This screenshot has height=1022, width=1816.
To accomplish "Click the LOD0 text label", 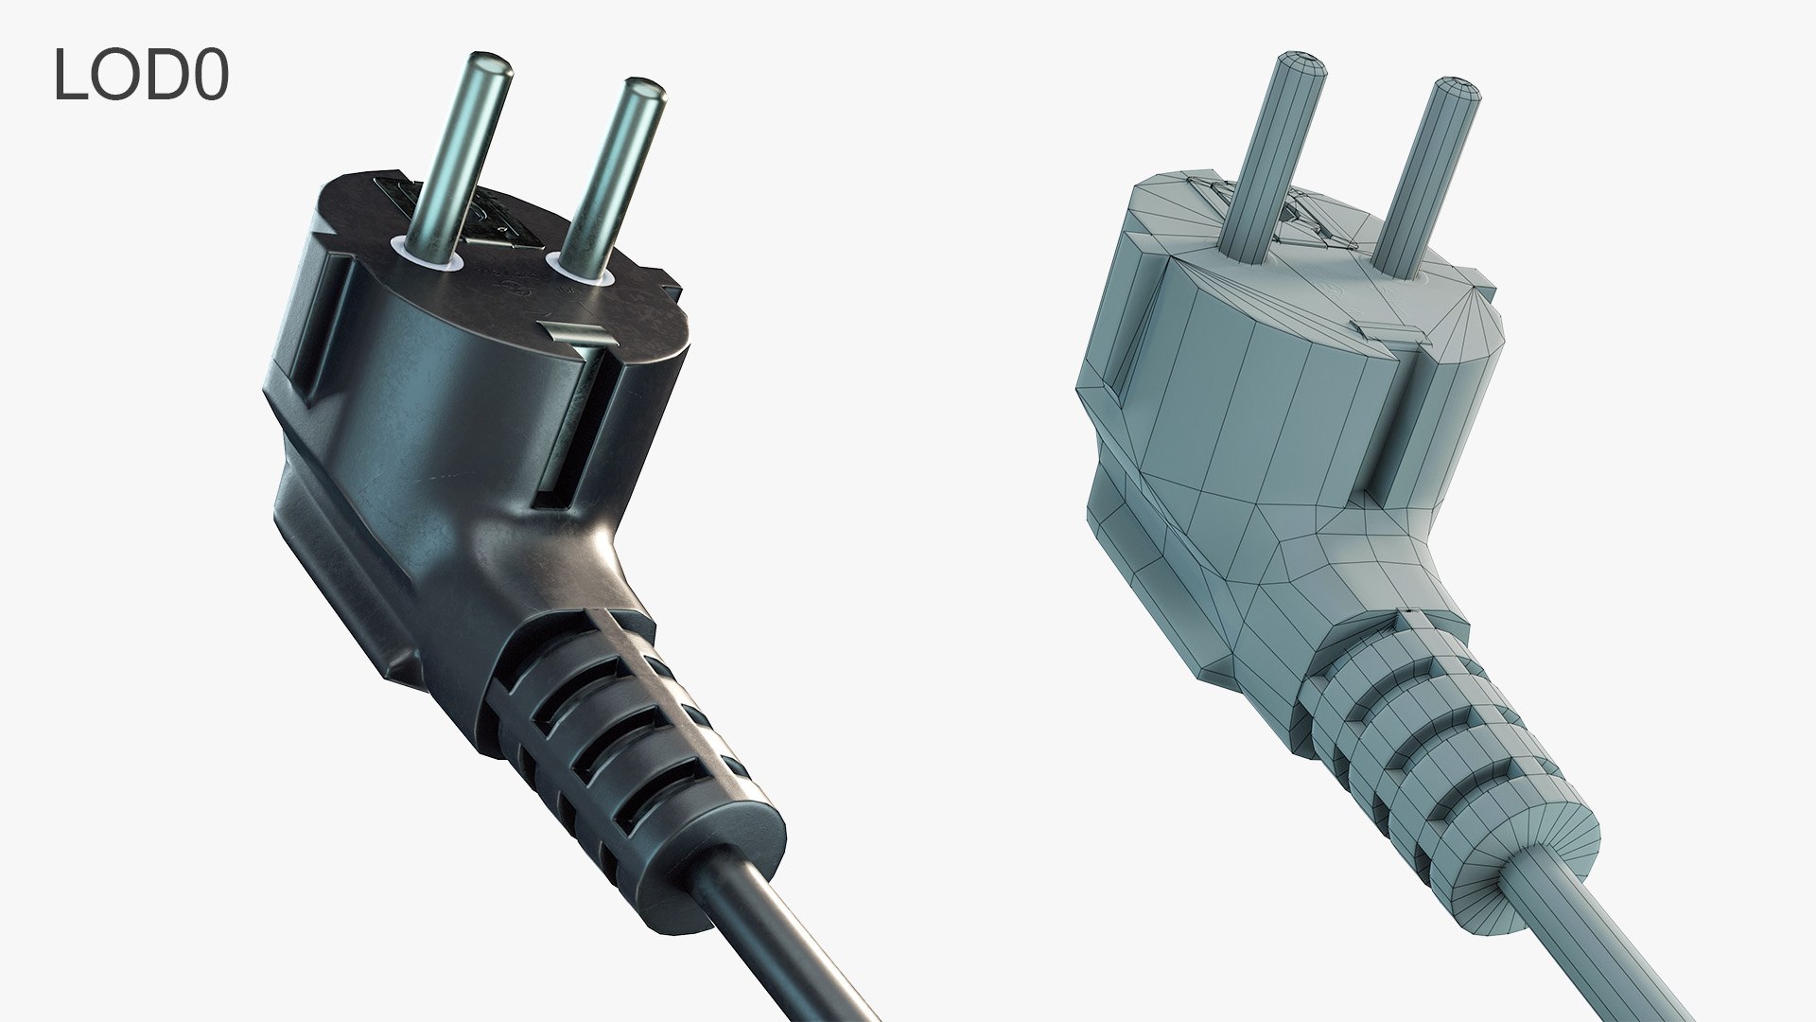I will [141, 75].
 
